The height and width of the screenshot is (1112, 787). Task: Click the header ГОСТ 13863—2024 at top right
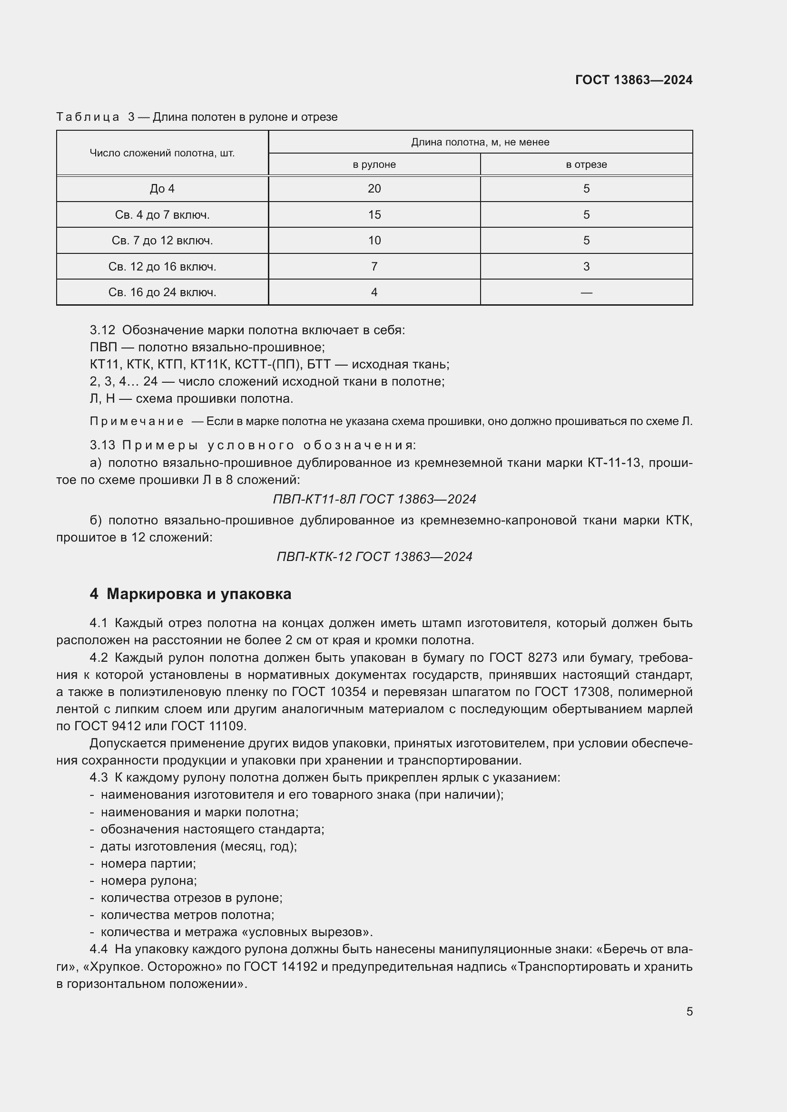[x=633, y=80]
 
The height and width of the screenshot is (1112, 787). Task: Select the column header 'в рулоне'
[x=374, y=164]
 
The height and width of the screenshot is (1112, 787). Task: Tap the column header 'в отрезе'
[x=586, y=164]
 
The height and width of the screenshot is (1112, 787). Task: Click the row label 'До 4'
[x=162, y=189]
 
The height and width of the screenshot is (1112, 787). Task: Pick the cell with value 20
[x=374, y=189]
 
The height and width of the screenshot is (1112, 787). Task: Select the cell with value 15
[x=374, y=214]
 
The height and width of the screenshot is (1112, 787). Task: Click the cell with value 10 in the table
[x=374, y=241]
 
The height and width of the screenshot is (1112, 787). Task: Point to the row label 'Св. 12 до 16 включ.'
[x=162, y=267]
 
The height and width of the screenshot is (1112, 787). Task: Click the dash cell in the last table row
[x=586, y=292]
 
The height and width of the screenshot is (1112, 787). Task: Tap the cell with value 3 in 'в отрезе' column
[x=586, y=267]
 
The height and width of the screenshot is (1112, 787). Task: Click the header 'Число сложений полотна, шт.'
[x=162, y=154]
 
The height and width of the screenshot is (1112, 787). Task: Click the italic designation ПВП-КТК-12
[x=314, y=557]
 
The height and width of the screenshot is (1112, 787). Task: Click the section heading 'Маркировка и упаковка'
[x=199, y=594]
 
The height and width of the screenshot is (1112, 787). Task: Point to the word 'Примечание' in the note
[x=137, y=422]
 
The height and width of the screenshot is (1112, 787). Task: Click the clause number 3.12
[x=102, y=330]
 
